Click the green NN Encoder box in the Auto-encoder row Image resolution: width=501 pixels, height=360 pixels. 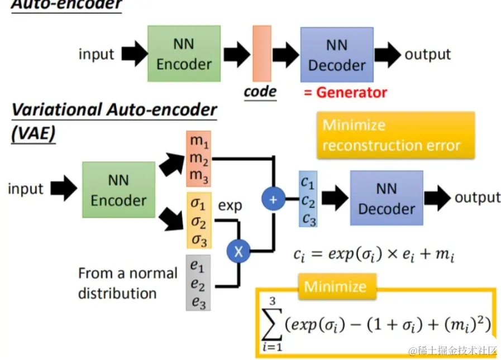tap(184, 55)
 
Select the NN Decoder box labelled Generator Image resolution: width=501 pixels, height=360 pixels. tap(336, 55)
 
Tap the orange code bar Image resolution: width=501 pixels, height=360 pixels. tap(261, 53)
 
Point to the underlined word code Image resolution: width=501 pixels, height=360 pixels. tap(260, 91)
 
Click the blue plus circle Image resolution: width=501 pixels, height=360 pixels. tap(273, 198)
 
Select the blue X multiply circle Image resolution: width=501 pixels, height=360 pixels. tap(238, 251)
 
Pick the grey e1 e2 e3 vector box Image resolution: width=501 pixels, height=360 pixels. tap(198, 282)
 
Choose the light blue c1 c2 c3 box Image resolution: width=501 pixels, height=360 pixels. tap(308, 199)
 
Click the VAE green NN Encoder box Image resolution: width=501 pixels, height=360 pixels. tap(118, 190)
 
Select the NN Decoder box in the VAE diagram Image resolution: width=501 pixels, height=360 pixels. tap(386, 198)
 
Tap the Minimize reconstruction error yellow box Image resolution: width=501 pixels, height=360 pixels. tap(395, 135)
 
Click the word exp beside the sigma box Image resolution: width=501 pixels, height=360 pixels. tap(230, 205)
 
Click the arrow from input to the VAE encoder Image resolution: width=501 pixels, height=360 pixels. tap(63, 188)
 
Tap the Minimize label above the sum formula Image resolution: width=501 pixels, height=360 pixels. tap(336, 287)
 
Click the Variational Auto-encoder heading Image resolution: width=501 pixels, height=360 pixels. tap(114, 109)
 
